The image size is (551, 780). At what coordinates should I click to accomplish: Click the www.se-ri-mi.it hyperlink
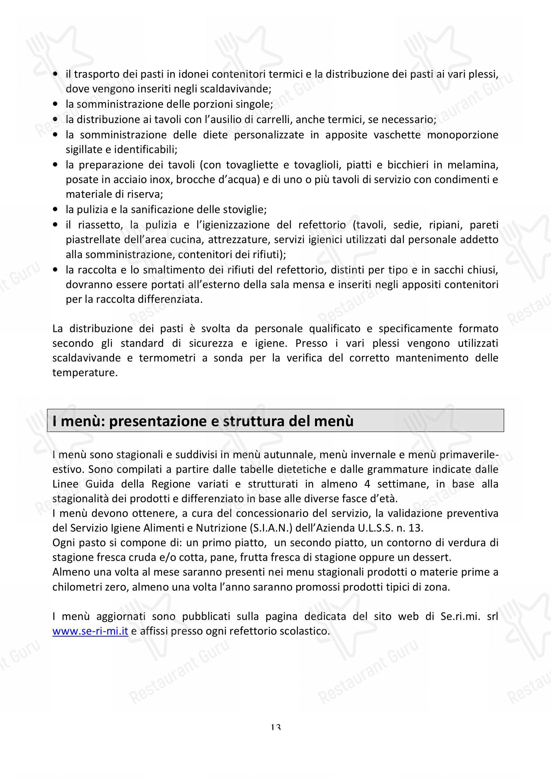(90, 631)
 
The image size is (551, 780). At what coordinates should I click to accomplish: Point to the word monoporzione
(462, 135)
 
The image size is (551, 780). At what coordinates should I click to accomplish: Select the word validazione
(411, 513)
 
